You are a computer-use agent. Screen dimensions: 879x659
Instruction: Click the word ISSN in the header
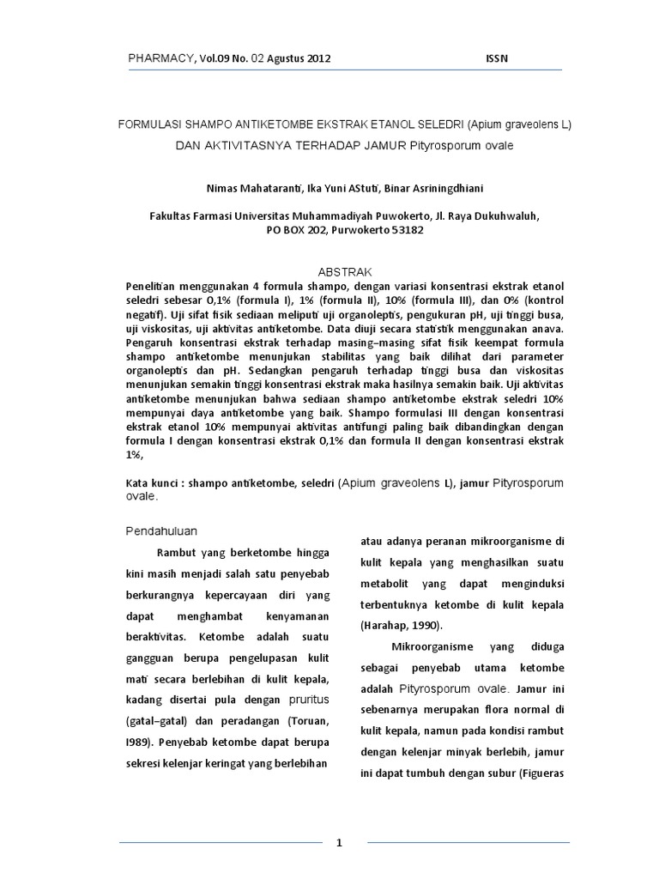pos(497,58)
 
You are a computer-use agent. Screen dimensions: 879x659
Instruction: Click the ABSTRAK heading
pos(342,270)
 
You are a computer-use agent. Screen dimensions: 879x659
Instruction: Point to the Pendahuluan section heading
pos(162,530)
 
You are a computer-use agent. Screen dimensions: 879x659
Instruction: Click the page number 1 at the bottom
pos(340,842)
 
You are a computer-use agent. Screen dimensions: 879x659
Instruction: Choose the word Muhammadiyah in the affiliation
pos(344,217)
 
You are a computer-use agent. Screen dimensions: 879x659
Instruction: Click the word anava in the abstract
pos(547,328)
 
